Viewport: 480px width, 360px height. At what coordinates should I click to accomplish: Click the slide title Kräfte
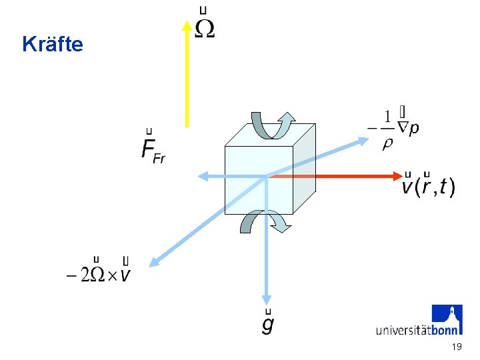coord(53,45)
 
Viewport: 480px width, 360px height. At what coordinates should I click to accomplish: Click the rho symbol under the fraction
coord(387,143)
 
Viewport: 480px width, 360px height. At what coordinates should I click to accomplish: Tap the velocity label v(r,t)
coord(427,185)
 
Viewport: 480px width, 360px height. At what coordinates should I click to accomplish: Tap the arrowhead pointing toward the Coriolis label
coord(152,261)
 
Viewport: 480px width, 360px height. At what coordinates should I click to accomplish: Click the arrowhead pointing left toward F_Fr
coord(203,176)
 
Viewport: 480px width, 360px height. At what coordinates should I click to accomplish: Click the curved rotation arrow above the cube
coord(272,125)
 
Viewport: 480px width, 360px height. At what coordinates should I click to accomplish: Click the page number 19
coord(457,347)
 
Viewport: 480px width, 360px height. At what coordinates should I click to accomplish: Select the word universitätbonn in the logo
coord(417,329)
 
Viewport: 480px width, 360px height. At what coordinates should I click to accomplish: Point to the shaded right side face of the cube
coord(304,170)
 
